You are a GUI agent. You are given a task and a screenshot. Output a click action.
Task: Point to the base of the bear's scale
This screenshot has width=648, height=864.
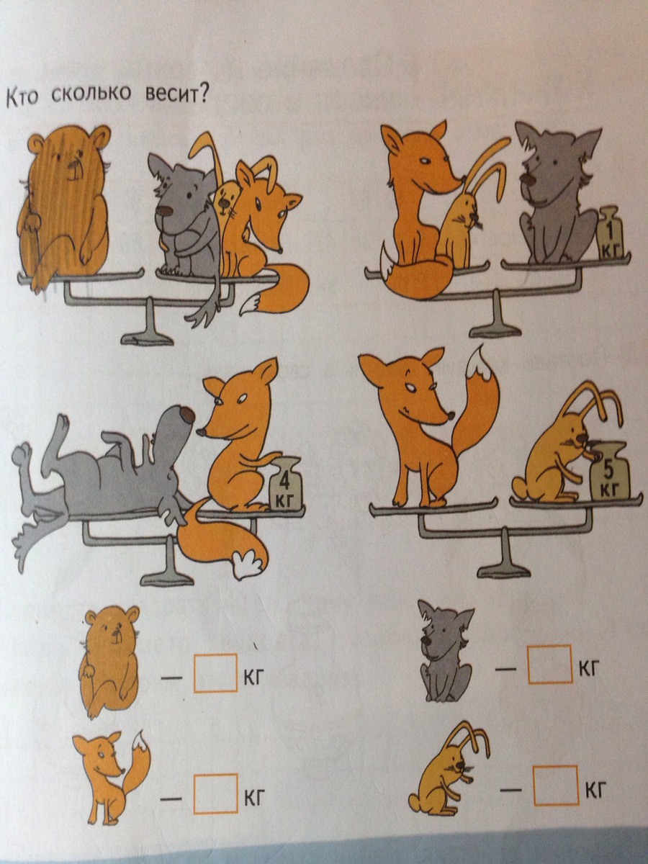(148, 338)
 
